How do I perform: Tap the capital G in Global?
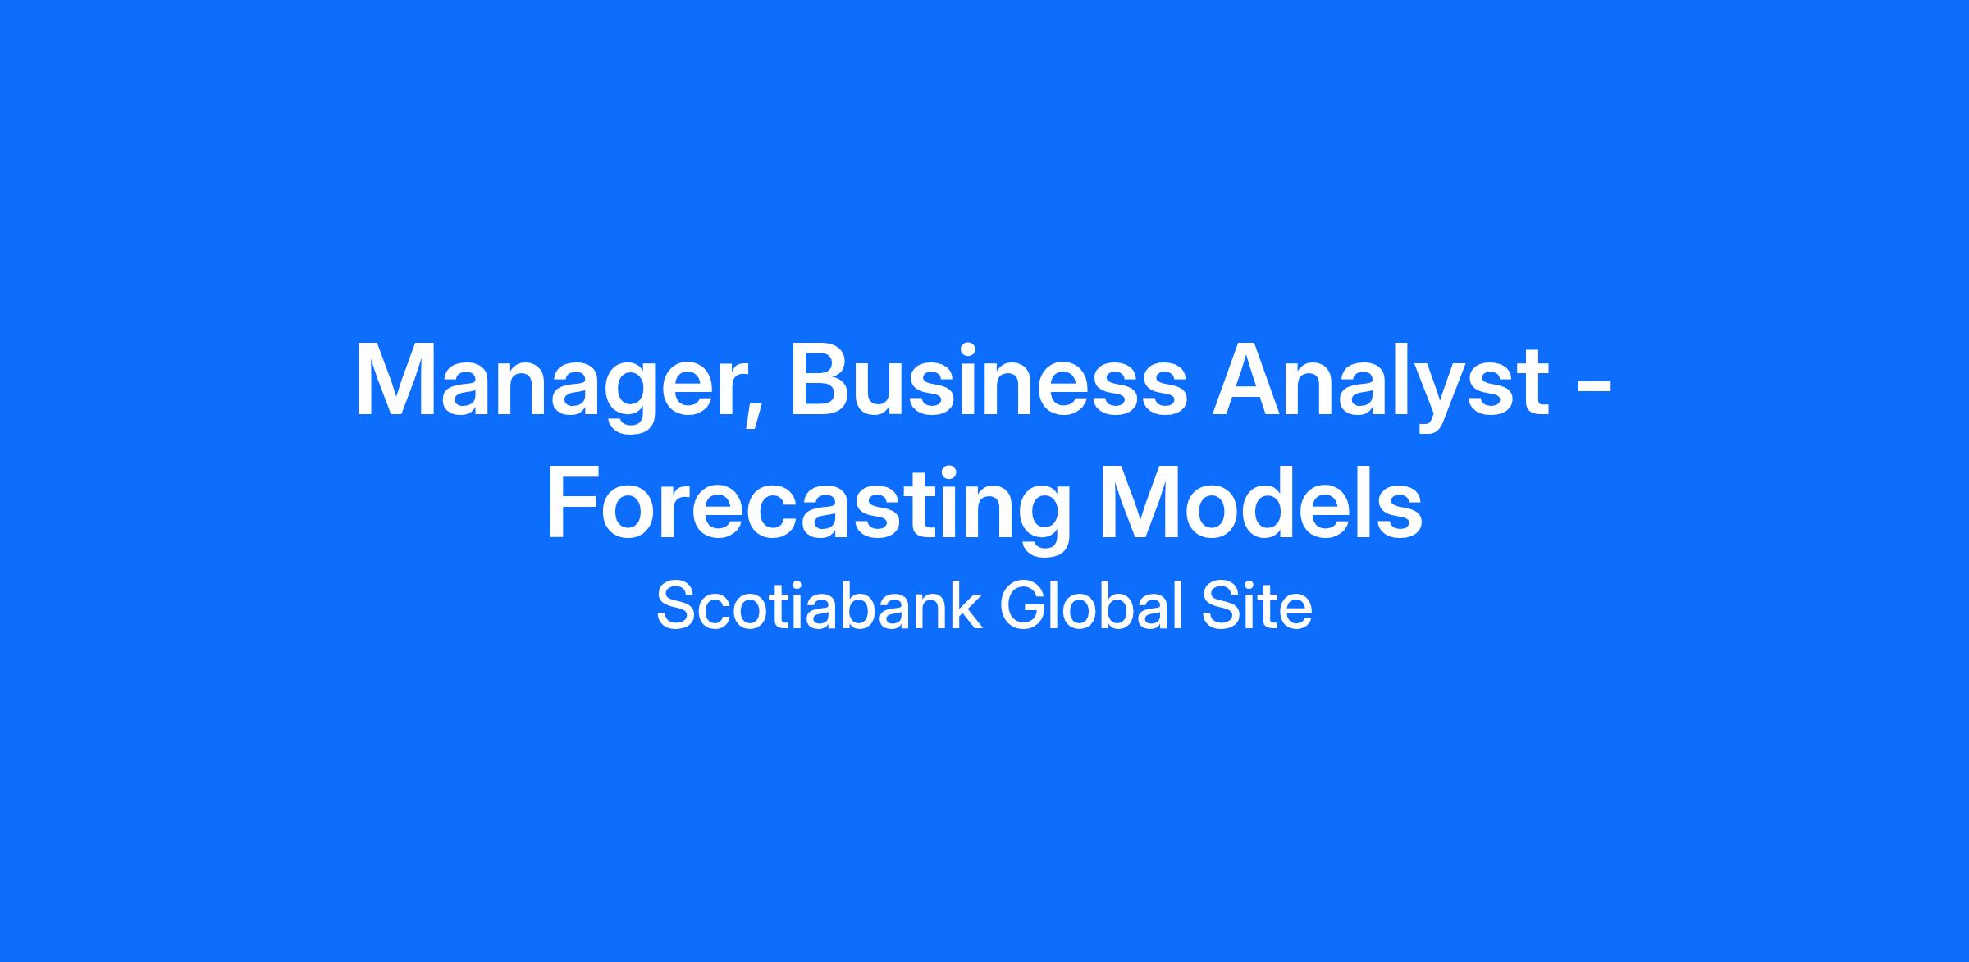(x=1022, y=606)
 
